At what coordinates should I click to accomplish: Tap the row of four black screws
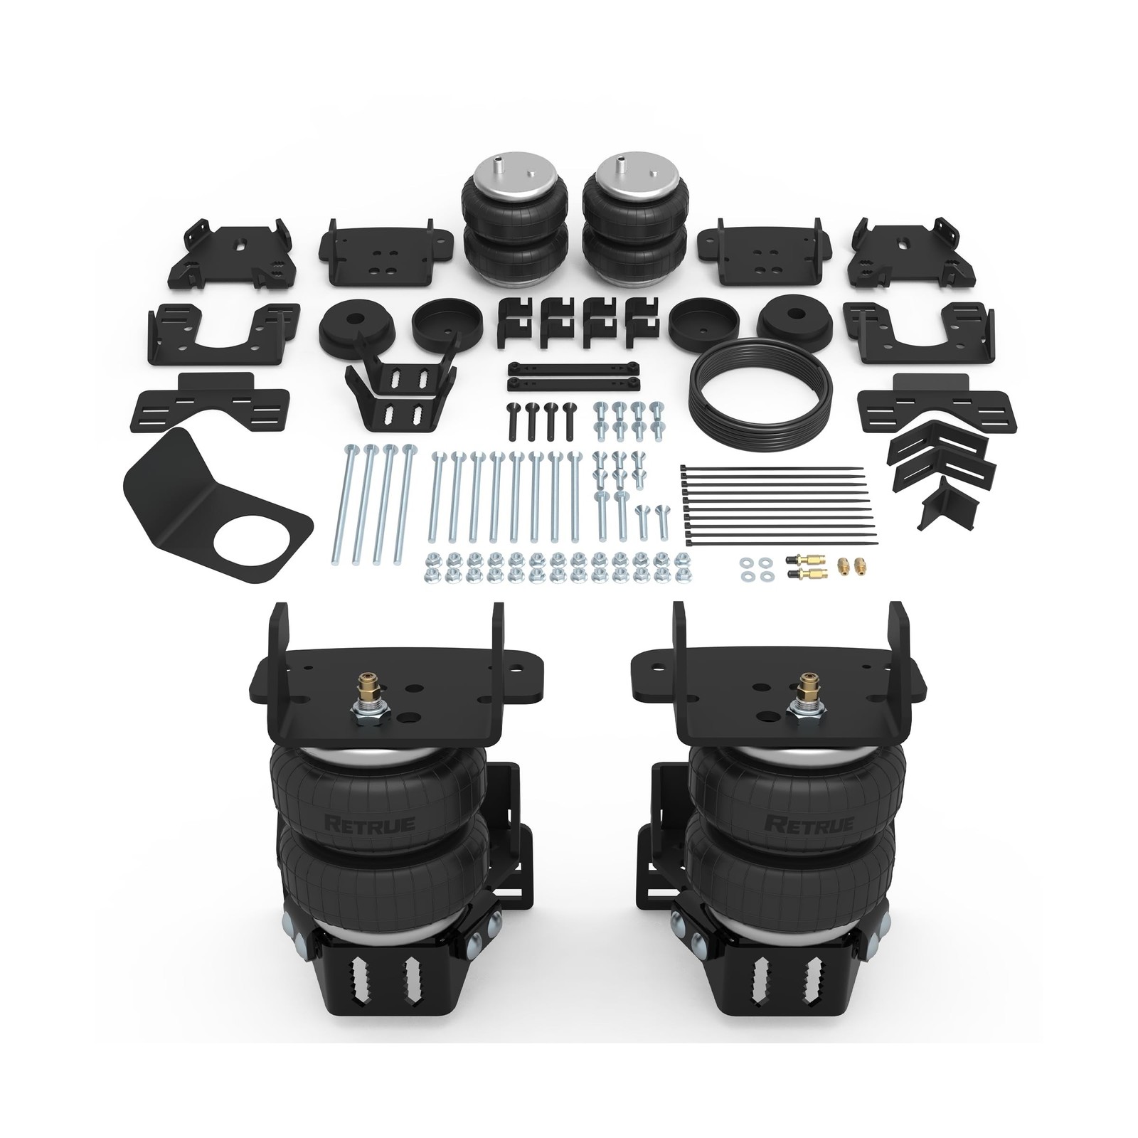(x=540, y=419)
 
